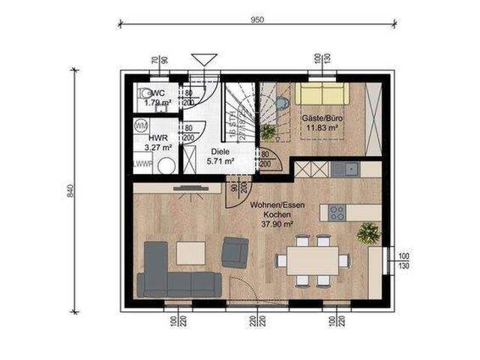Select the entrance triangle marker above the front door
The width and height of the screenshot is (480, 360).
pos(202,59)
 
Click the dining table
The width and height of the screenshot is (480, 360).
pos(312,260)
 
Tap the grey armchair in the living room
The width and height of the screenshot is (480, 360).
pos(236,251)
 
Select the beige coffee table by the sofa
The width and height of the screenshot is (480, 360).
pos(190,252)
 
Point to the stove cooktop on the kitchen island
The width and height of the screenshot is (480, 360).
pos(335,212)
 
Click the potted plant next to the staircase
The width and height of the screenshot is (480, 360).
pos(268,133)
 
